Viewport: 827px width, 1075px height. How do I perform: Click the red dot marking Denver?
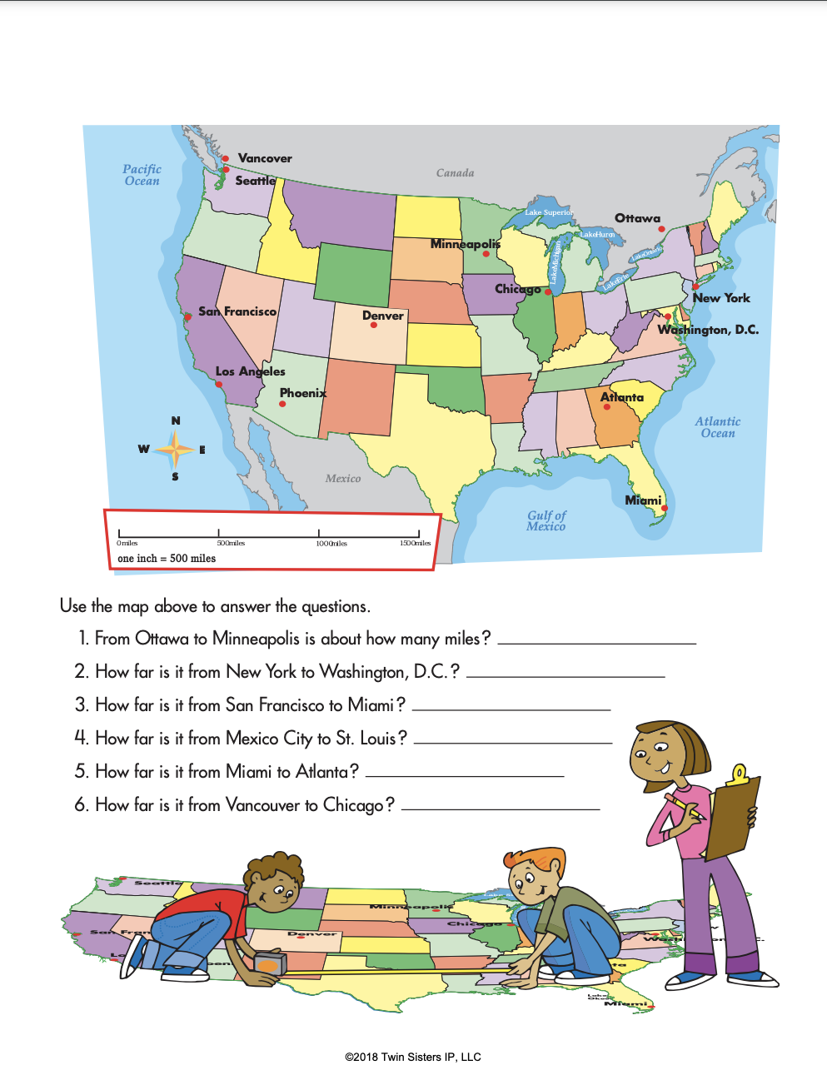pos(373,326)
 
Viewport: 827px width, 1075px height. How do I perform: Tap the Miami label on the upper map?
pos(643,500)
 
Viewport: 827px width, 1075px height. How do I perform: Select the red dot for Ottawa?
pos(661,229)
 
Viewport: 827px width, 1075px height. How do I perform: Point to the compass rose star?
pos(175,450)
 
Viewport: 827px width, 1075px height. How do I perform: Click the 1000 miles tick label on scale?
pos(331,544)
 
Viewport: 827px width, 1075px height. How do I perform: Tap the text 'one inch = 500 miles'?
pos(167,559)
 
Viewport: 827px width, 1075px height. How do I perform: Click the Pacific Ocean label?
pos(142,175)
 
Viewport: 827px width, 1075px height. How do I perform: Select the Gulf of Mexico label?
pos(546,520)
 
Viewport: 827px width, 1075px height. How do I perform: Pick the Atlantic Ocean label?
pos(718,427)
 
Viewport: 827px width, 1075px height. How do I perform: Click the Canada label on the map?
pos(455,173)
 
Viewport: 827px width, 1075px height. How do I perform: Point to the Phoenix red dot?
pos(282,404)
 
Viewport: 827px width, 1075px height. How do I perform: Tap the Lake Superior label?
pos(548,212)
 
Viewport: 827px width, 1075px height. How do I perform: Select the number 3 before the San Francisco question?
pos(81,705)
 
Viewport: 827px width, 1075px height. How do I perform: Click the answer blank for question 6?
pos(501,807)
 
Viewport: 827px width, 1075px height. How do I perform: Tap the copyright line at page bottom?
pos(413,1057)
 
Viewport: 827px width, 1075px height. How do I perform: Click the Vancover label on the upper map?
pos(265,158)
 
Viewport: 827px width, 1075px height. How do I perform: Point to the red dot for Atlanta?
pos(606,407)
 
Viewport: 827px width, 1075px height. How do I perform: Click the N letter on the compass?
pos(176,421)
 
